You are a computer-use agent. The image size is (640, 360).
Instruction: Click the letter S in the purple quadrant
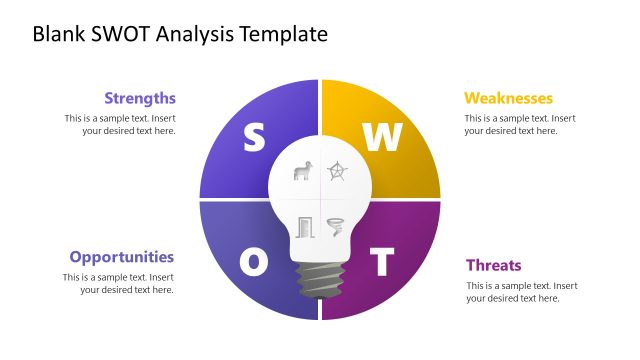click(x=254, y=139)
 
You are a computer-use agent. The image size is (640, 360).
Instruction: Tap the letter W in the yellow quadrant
click(x=381, y=139)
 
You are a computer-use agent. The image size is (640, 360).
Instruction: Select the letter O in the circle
click(x=254, y=262)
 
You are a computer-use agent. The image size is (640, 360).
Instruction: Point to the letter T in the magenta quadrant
click(x=381, y=262)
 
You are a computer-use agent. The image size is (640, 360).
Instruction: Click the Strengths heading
click(x=140, y=98)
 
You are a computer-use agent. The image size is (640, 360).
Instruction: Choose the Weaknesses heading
click(x=508, y=98)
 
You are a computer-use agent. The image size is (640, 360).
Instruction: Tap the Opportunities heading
click(x=122, y=257)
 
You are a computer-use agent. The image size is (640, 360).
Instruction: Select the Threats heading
click(x=494, y=265)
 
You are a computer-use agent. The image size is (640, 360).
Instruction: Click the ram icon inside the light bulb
click(x=303, y=171)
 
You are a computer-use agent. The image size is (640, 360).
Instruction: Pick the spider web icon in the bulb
click(x=338, y=171)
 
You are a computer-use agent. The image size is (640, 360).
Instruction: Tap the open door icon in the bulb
click(x=304, y=227)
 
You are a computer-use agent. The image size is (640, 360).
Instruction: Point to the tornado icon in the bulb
click(x=336, y=227)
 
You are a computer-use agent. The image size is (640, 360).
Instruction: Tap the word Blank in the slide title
click(x=58, y=35)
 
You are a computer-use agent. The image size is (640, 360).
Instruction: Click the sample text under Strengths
click(x=121, y=124)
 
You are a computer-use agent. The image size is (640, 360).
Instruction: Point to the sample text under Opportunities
click(x=119, y=283)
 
